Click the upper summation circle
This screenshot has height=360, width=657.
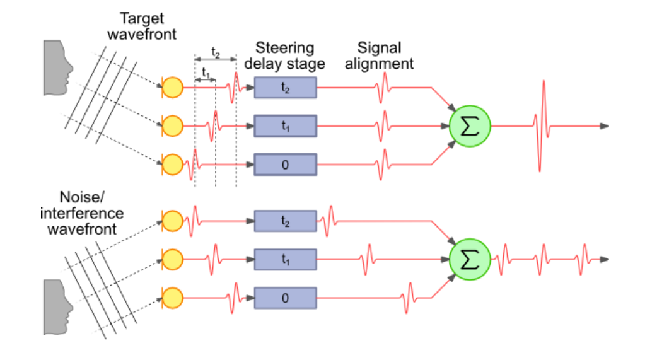(470, 125)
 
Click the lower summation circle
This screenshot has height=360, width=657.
(470, 259)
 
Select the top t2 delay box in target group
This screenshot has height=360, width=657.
(285, 88)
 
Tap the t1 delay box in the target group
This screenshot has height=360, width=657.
(285, 126)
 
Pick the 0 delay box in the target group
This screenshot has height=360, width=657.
(285, 165)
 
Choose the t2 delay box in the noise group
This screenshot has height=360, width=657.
(285, 221)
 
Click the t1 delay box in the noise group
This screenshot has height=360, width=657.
(285, 259)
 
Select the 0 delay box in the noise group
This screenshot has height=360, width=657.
(285, 297)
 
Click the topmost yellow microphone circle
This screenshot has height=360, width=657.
(172, 88)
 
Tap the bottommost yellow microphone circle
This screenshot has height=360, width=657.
(172, 296)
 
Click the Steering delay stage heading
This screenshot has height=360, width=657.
(289, 55)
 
